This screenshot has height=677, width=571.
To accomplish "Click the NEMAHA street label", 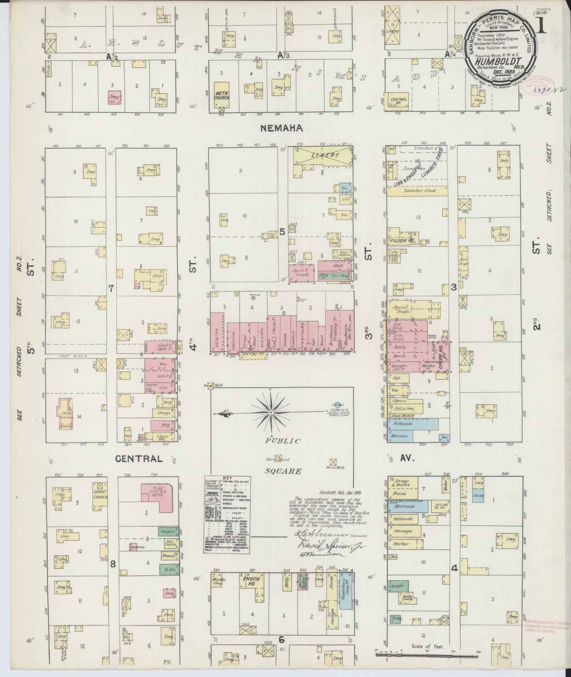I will [x=281, y=128].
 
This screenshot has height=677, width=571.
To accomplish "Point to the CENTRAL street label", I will [x=139, y=459].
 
